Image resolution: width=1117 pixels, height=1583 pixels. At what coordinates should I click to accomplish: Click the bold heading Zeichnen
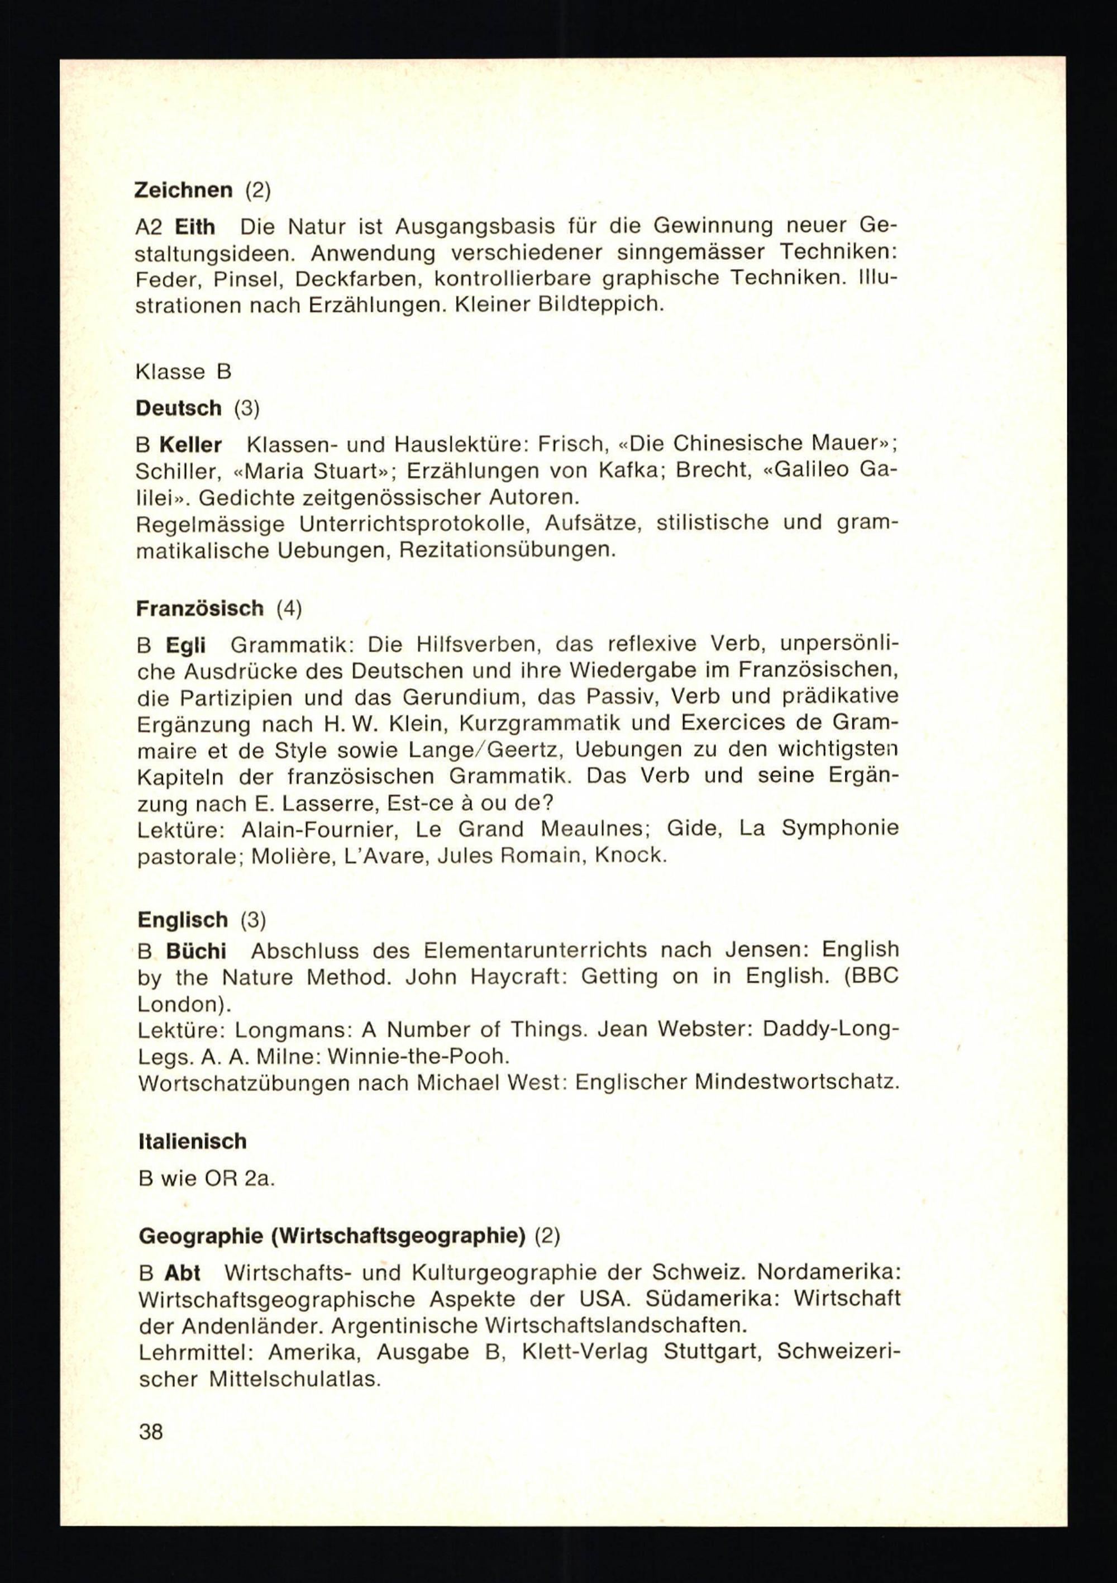(x=183, y=191)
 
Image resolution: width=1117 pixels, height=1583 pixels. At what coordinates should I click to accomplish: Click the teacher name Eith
(x=195, y=227)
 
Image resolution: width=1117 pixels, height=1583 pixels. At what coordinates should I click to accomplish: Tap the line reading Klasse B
(x=183, y=372)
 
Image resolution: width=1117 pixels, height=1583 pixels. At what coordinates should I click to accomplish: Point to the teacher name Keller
(x=190, y=445)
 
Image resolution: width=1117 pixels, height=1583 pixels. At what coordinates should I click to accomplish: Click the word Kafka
(x=631, y=470)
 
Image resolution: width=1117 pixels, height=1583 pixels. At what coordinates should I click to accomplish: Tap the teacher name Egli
(x=185, y=645)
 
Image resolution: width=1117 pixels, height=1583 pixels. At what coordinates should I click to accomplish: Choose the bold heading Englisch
(x=183, y=920)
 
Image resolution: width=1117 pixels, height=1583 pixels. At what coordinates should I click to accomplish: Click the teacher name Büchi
(x=195, y=952)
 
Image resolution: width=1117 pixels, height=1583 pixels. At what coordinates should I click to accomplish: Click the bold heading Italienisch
(x=192, y=1141)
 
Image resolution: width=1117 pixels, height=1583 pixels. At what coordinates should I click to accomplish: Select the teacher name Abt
(x=182, y=1273)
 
